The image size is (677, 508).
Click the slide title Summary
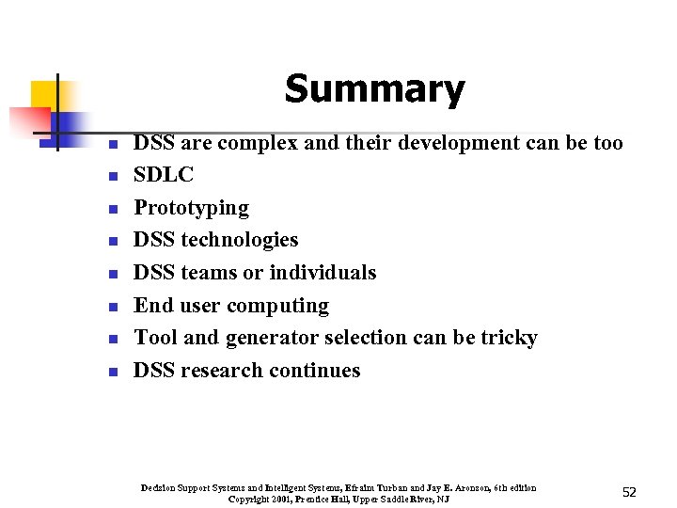pos(374,89)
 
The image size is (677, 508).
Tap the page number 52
pos(629,492)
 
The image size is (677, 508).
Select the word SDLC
pos(164,175)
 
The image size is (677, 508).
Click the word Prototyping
pos(191,208)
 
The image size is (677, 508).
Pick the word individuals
pos(323,273)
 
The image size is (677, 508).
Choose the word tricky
pos(509,338)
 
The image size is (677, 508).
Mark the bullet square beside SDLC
pos(111,176)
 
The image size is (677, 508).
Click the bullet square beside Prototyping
pos(111,209)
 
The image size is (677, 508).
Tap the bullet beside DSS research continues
pos(111,372)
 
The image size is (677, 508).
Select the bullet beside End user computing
pos(111,307)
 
